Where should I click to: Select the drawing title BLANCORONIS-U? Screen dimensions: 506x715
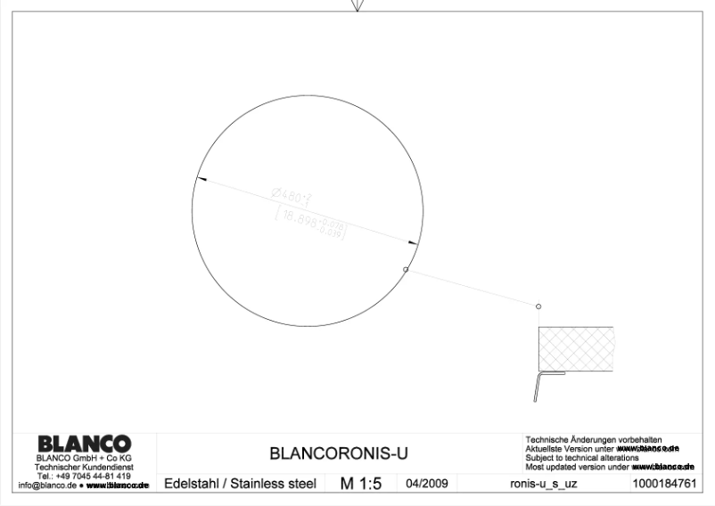click(339, 453)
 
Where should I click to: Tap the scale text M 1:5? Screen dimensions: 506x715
click(360, 484)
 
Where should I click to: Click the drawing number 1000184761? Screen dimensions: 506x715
click(664, 485)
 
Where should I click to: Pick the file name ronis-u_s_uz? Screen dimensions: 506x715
click(537, 485)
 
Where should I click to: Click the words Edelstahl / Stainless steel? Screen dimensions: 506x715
click(240, 485)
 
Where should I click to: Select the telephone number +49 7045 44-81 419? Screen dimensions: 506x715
click(86, 477)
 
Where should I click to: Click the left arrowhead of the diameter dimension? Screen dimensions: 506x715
click(201, 180)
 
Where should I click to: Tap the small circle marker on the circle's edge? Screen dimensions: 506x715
click(406, 269)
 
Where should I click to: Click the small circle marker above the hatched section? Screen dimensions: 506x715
click(538, 306)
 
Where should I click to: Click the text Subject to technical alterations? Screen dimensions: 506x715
click(582, 458)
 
